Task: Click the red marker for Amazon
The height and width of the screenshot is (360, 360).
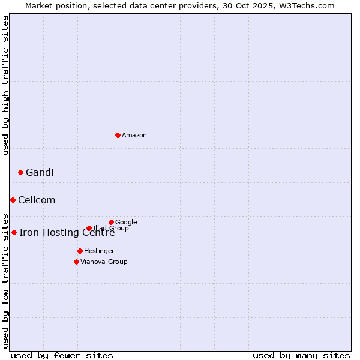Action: pyautogui.click(x=118, y=135)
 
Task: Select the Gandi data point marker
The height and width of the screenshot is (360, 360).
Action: pyautogui.click(x=20, y=172)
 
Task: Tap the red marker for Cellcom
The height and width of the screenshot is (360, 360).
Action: pyautogui.click(x=13, y=200)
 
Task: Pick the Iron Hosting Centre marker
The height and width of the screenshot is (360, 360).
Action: pyautogui.click(x=14, y=232)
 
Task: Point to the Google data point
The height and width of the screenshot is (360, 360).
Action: pyautogui.click(x=111, y=222)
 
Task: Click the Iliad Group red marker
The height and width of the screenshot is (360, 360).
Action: pyautogui.click(x=89, y=228)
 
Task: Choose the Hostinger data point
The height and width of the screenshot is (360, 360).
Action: pyautogui.click(x=80, y=251)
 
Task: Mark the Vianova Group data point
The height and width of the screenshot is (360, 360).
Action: pyautogui.click(x=76, y=262)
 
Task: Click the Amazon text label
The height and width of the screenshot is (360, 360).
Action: pyautogui.click(x=134, y=136)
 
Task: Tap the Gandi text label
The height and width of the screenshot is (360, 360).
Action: pyautogui.click(x=40, y=173)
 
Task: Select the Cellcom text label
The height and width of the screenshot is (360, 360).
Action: pyautogui.click(x=37, y=200)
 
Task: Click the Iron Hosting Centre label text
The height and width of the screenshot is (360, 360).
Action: pyautogui.click(x=67, y=233)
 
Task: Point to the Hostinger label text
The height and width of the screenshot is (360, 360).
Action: pyautogui.click(x=99, y=251)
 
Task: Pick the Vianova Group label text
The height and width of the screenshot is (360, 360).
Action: pyautogui.click(x=104, y=262)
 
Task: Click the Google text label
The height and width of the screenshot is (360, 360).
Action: pyautogui.click(x=126, y=223)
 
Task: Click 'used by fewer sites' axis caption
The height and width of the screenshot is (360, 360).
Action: pyautogui.click(x=62, y=355)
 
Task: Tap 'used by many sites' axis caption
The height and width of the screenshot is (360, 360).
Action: pyautogui.click(x=301, y=355)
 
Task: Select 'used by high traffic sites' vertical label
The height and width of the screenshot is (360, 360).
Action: pyautogui.click(x=5, y=85)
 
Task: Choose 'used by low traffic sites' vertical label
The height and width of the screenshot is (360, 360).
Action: pyautogui.click(x=5, y=280)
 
